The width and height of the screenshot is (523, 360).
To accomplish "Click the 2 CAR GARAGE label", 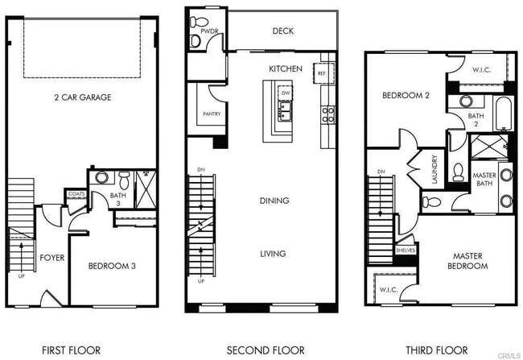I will pyautogui.click(x=83, y=97).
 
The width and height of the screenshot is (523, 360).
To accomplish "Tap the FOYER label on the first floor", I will pyautogui.click(x=51, y=258).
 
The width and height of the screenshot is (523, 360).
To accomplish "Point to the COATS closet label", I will pyautogui.click(x=76, y=194).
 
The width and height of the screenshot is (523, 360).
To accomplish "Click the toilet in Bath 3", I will pyautogui.click(x=125, y=178).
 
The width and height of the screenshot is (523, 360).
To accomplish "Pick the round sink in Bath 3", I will pyautogui.click(x=101, y=176).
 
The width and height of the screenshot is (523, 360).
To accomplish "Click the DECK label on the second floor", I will pyautogui.click(x=283, y=31).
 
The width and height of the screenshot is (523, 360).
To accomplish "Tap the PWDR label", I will pyautogui.click(x=199, y=31).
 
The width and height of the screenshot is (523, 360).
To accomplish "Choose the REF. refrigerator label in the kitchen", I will pyautogui.click(x=322, y=72).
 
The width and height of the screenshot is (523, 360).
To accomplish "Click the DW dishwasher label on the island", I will pyautogui.click(x=286, y=93).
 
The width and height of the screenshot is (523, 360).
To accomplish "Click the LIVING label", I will pyautogui.click(x=272, y=254).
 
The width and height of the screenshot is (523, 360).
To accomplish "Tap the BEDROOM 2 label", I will pyautogui.click(x=406, y=96).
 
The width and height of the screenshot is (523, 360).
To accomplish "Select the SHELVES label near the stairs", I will pyautogui.click(x=405, y=250).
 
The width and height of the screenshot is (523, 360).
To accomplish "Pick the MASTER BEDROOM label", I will pyautogui.click(x=467, y=261).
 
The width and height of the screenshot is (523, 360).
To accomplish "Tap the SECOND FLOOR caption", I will pyautogui.click(x=266, y=350).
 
